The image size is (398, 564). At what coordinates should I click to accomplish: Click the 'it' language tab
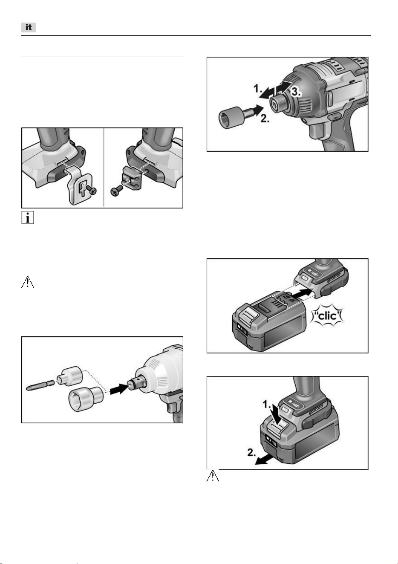(x=29, y=27)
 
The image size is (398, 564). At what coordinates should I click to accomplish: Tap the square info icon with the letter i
(x=27, y=217)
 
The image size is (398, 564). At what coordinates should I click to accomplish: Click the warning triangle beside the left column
(x=27, y=282)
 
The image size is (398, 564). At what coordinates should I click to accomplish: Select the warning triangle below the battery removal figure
(x=213, y=476)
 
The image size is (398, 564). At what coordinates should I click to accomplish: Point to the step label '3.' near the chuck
(x=296, y=92)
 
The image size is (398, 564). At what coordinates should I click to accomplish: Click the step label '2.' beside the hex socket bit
(x=265, y=118)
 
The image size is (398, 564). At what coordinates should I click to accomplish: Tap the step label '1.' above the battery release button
(x=267, y=405)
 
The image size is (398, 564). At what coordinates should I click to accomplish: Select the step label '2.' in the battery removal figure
(x=252, y=452)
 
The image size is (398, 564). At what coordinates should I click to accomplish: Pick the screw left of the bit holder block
(x=116, y=191)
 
